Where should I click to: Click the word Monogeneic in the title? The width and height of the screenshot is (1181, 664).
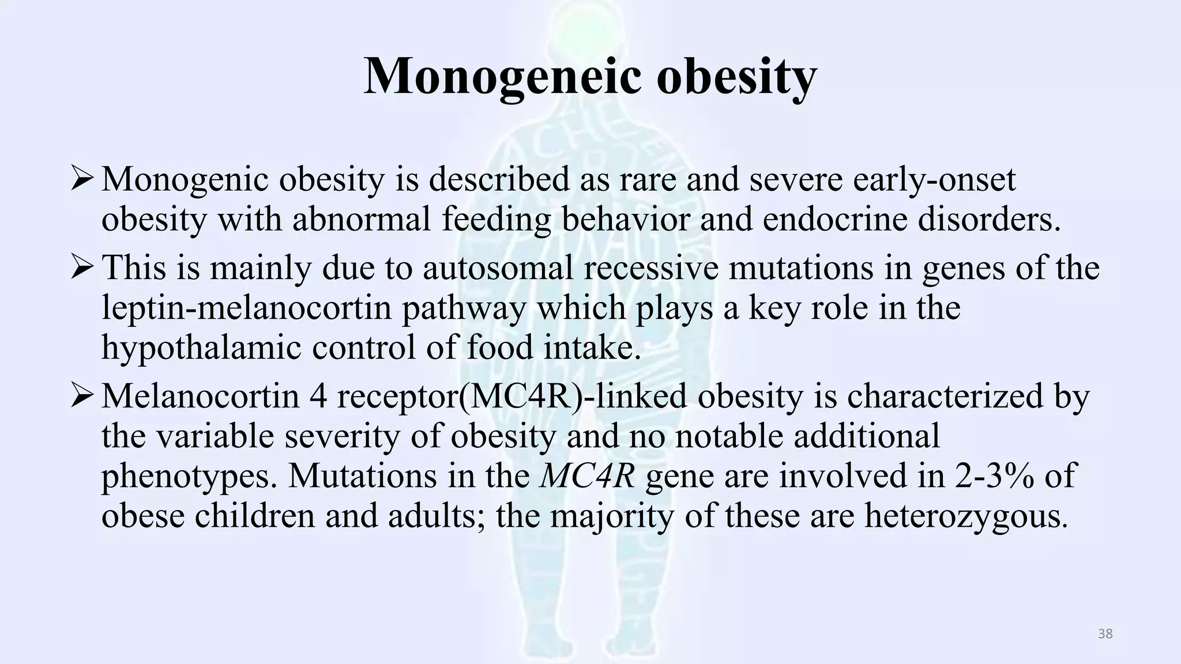pos(501,77)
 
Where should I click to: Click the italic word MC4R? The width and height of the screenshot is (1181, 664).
pos(587,476)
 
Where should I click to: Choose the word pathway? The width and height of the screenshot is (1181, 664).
pos(464,308)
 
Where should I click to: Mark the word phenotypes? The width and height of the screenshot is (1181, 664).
pos(189,477)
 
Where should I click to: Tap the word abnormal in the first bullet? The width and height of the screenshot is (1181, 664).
pos(362,220)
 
